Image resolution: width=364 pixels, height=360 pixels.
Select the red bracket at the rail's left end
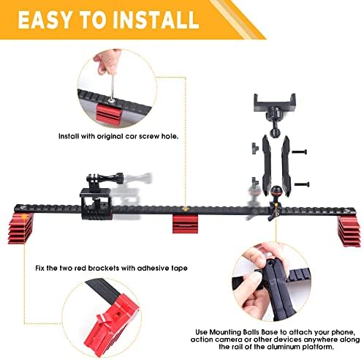click(x=20, y=228)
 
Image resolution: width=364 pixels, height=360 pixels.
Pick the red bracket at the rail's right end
click(x=349, y=231)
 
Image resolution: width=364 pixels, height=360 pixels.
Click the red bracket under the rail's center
click(x=185, y=224)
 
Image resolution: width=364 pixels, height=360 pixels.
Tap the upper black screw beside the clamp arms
click(x=300, y=151)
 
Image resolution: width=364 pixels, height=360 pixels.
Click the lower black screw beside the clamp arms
click(x=302, y=184)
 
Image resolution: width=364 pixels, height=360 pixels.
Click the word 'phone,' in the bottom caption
click(x=344, y=332)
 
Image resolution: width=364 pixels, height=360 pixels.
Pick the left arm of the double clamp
click(x=265, y=166)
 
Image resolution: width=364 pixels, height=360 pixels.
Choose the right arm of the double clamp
click(x=286, y=166)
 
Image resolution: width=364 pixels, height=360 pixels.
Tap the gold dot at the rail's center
click(x=185, y=209)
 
